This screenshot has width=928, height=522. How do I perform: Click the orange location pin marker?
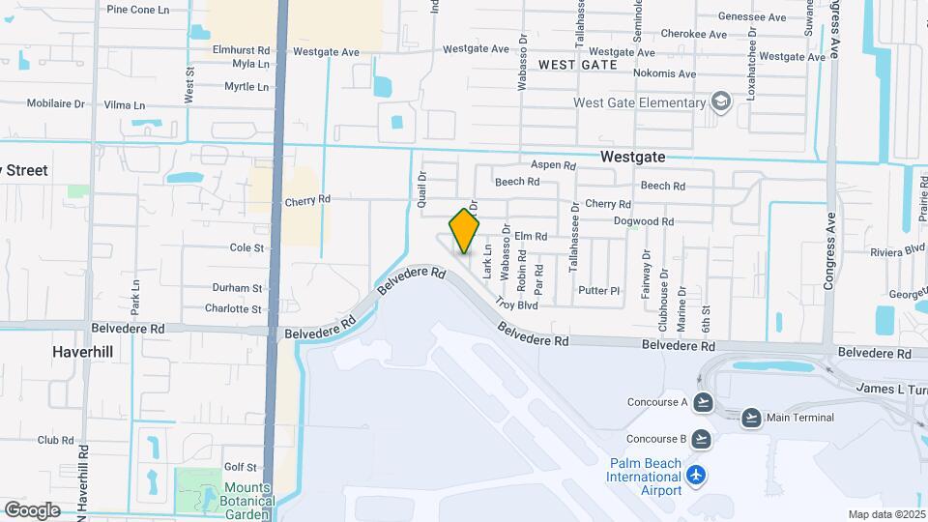coord(464,231)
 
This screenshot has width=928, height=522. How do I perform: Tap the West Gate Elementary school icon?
coord(719,101)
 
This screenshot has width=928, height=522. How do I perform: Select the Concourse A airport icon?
coord(703,401)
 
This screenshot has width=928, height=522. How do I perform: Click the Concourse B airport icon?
coord(703,438)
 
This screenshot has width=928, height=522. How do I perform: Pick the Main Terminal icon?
coord(751,418)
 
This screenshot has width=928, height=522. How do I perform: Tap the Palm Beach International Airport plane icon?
coord(696,475)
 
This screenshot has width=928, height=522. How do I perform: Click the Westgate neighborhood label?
coord(632,156)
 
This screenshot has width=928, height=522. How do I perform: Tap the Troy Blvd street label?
coord(516,304)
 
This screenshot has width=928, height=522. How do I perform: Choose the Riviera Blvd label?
coord(898,249)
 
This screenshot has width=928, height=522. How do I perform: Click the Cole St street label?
coord(246,248)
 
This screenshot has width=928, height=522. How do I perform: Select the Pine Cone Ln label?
coord(137,10)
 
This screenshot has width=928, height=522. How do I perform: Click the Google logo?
coord(32,509)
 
